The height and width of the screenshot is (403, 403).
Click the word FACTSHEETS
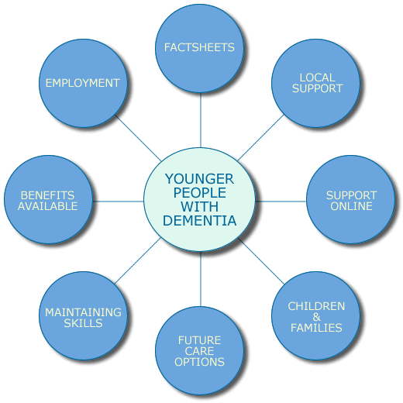click(199, 47)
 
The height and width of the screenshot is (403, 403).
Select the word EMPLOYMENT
click(83, 83)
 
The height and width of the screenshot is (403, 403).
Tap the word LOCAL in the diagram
click(317, 77)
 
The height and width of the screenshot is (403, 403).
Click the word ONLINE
click(351, 206)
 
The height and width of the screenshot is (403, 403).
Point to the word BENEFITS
click(47, 195)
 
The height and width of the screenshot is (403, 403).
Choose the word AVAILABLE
click(47, 206)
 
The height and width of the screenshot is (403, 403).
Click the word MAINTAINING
click(83, 312)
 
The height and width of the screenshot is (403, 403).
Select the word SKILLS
click(83, 323)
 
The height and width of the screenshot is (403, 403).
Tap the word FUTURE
click(199, 340)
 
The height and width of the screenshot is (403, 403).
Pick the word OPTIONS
click(199, 362)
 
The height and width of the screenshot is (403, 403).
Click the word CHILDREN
click(316, 306)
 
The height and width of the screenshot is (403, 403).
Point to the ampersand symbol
click(316, 317)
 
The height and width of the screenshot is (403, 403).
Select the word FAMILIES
click(316, 328)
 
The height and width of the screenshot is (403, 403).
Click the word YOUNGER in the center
click(199, 179)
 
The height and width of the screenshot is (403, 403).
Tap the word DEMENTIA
click(199, 221)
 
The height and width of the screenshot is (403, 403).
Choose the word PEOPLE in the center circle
click(199, 193)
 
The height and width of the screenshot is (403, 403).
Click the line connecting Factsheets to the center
click(201, 120)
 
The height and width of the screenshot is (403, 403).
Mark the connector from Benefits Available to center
click(118, 201)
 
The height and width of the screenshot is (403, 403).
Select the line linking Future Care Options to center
click(201, 279)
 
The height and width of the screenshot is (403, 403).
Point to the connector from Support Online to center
click(281, 201)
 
